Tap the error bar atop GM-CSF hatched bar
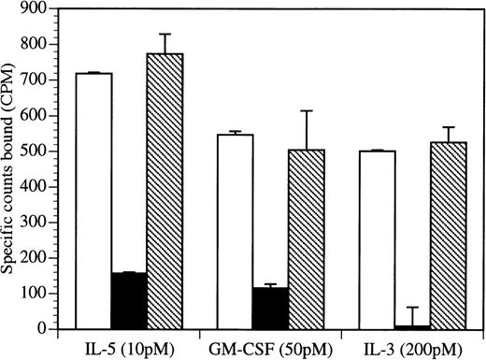307,111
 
